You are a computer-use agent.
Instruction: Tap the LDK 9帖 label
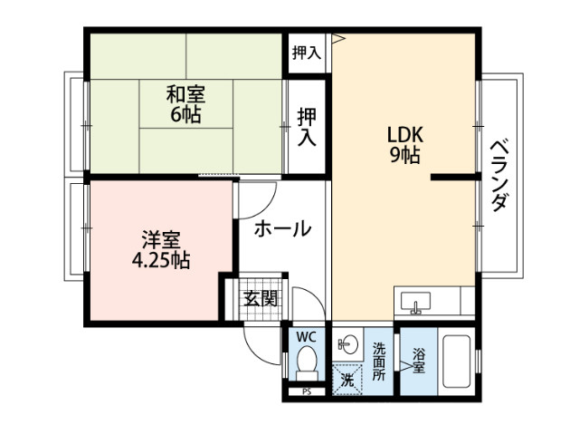[x=404, y=144]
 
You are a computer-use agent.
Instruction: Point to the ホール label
[x=281, y=228]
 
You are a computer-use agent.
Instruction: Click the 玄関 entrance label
[x=261, y=298]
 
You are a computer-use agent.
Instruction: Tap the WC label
[x=306, y=337]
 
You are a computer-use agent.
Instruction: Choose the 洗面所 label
[x=379, y=359]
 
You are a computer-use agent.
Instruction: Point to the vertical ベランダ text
[x=498, y=175]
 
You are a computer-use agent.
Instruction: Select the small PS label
[x=306, y=391]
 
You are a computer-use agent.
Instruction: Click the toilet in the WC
[x=306, y=365]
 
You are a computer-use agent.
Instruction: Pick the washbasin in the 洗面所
[x=347, y=343]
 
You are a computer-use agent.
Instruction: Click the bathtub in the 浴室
[x=460, y=363]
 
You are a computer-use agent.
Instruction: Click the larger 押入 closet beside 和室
[x=307, y=127]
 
